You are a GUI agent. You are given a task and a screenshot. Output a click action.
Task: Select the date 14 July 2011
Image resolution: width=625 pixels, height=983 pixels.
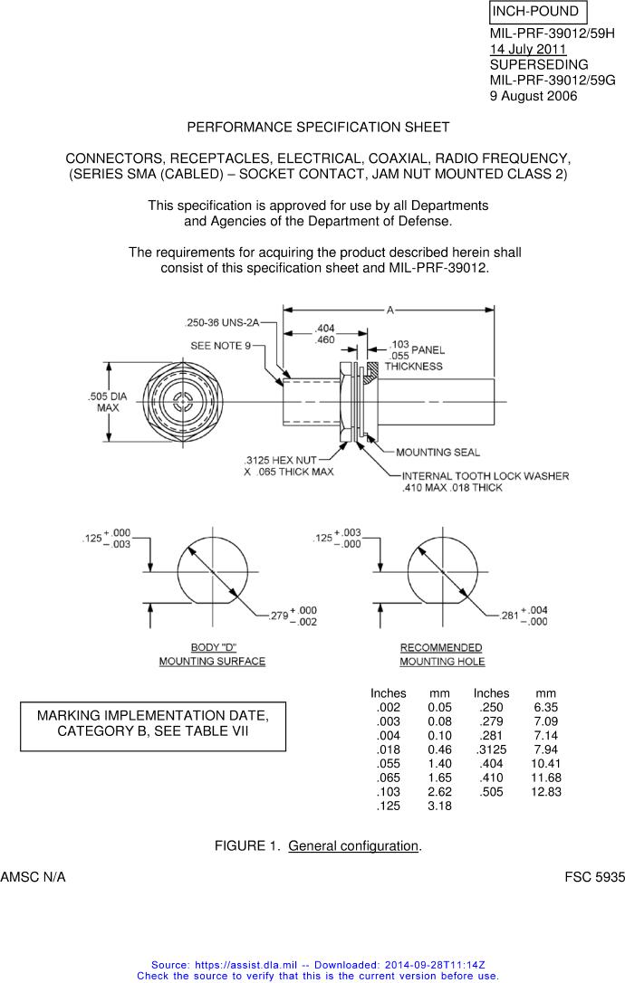(x=528, y=50)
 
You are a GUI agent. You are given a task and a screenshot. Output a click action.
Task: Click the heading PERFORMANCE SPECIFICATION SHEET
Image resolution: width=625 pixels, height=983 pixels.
(x=318, y=127)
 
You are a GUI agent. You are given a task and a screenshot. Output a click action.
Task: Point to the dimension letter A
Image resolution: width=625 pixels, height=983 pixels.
(x=389, y=310)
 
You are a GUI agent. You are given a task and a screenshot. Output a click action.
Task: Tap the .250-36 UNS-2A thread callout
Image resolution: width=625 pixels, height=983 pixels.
(x=222, y=322)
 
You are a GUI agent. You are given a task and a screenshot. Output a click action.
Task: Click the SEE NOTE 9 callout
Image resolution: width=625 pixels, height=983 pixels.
(x=221, y=347)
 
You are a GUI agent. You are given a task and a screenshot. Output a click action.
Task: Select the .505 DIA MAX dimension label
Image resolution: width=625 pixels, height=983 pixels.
(x=108, y=402)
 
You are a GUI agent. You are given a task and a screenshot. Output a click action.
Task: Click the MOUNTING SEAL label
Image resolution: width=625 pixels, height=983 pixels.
(x=437, y=453)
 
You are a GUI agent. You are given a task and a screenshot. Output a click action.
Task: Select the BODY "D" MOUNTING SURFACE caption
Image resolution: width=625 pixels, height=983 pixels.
(x=212, y=654)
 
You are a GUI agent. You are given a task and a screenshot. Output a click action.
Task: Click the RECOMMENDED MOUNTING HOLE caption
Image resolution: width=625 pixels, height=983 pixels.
(x=441, y=654)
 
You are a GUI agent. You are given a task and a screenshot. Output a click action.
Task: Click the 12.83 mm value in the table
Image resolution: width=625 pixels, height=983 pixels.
(x=546, y=791)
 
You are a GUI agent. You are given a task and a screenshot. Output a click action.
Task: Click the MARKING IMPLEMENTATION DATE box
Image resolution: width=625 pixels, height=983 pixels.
(x=153, y=726)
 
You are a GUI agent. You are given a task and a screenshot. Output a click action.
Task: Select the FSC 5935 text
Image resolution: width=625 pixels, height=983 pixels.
(x=594, y=877)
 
